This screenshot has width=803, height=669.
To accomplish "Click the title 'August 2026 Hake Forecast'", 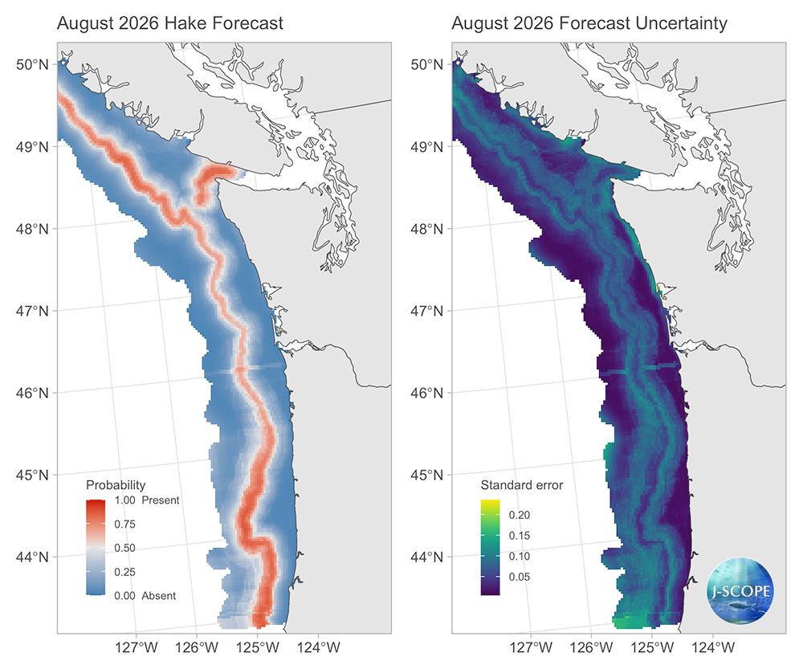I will click(x=169, y=23).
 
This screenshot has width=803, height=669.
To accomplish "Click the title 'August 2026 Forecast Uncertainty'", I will click(x=589, y=23).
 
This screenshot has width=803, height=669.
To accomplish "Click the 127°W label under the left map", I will click(x=135, y=647).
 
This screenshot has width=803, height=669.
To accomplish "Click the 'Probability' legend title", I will click(x=116, y=485).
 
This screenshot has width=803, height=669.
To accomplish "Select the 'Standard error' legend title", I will click(x=521, y=485).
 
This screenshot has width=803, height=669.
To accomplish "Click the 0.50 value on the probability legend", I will click(x=124, y=548).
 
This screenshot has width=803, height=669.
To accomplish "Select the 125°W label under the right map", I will click(x=653, y=647).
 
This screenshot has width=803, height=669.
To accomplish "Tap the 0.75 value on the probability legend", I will click(x=124, y=524).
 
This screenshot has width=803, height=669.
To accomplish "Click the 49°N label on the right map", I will click(x=429, y=147).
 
